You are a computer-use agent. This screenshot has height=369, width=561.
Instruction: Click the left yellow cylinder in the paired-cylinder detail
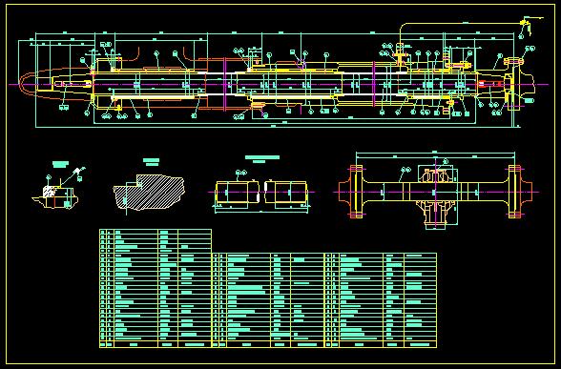coord(234,193)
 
